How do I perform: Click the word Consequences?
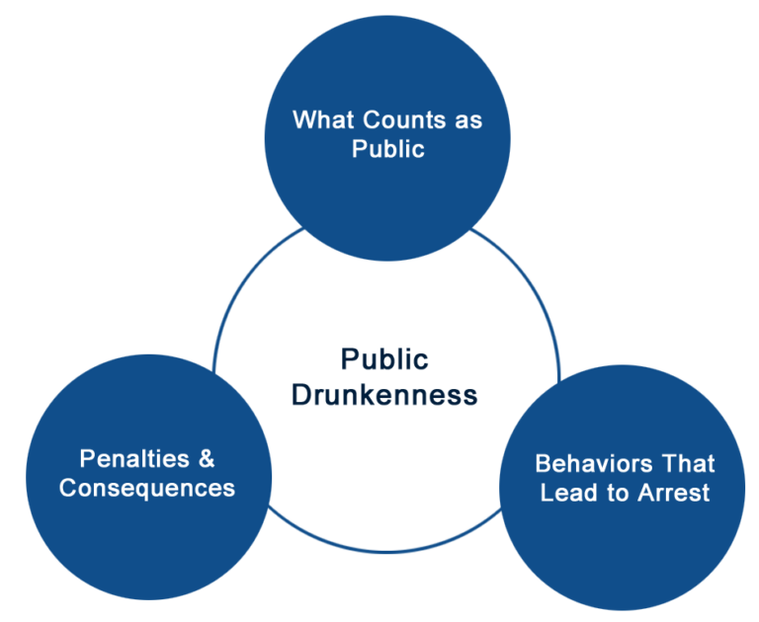point(147,488)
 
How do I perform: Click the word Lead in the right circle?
point(565,493)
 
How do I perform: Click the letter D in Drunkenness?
point(301,395)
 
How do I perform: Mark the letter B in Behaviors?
point(543,464)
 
